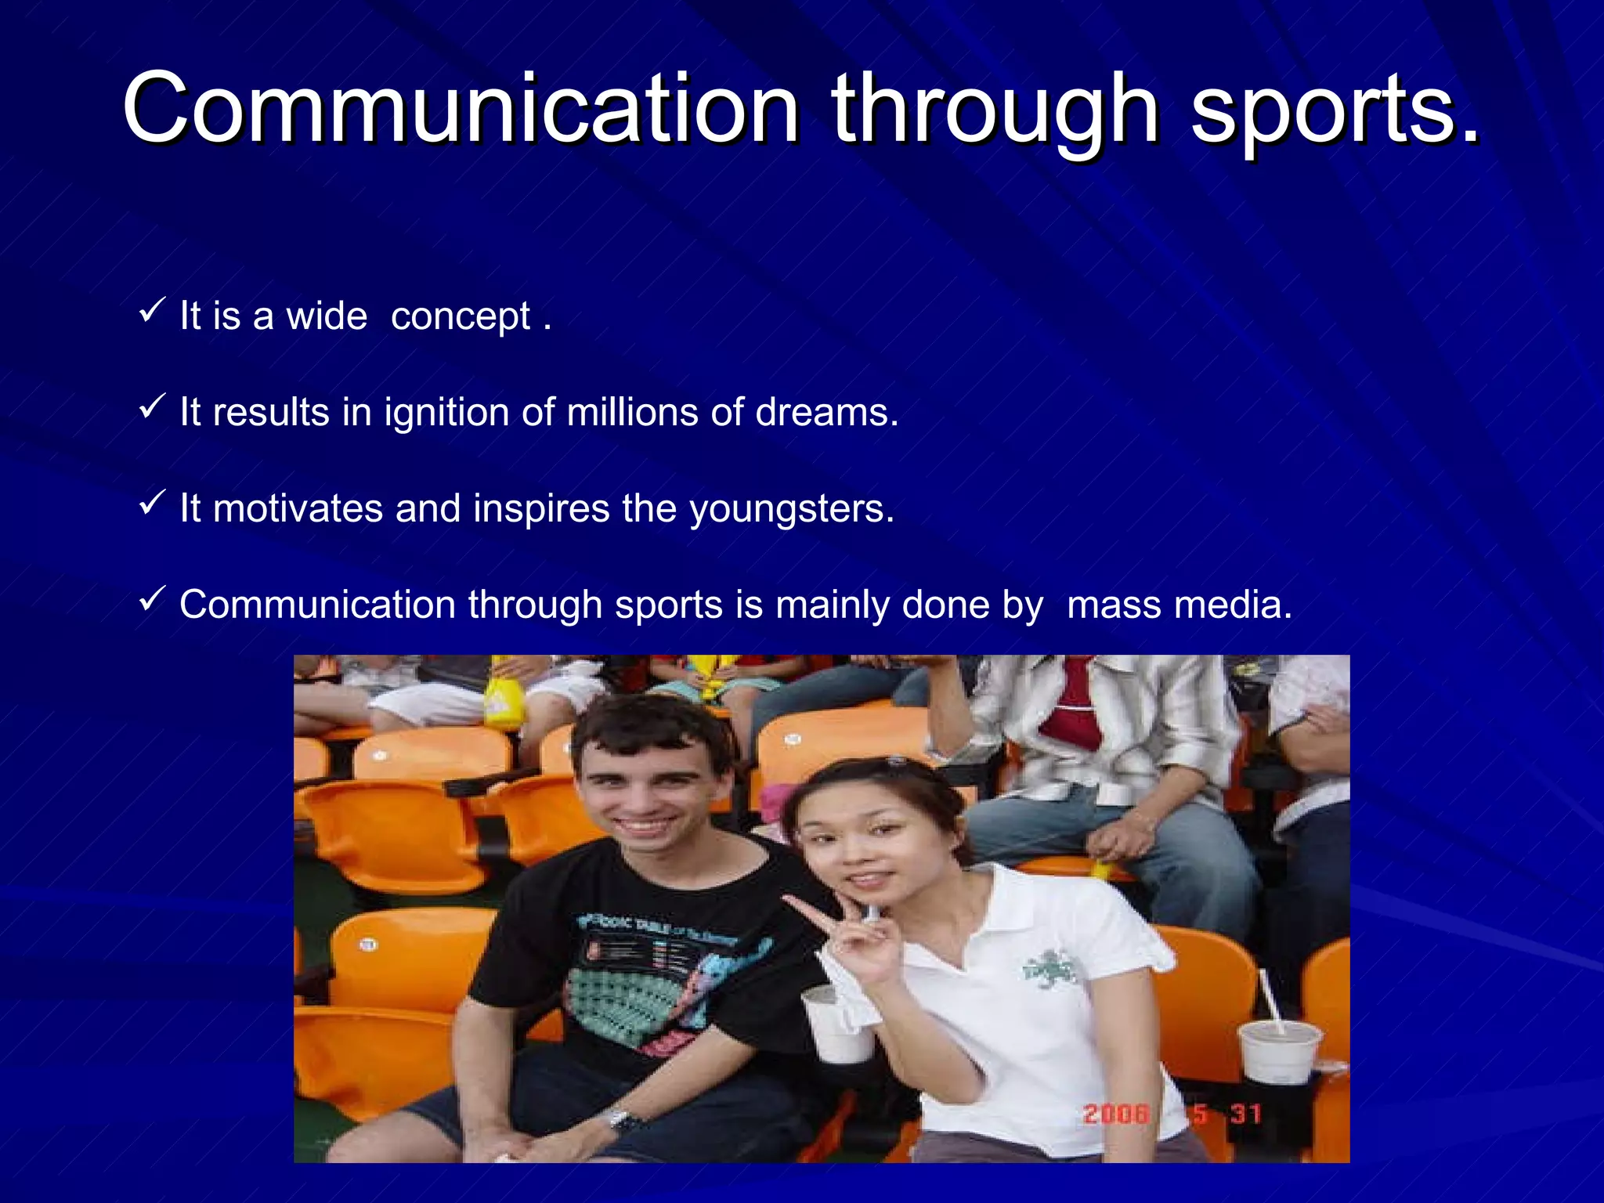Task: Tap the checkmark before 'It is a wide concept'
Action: pyautogui.click(x=151, y=311)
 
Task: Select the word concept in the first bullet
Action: pyautogui.click(x=461, y=317)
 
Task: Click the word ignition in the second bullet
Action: pyautogui.click(x=446, y=413)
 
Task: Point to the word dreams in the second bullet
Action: pyautogui.click(x=826, y=412)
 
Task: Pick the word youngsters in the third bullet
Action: pyautogui.click(x=791, y=510)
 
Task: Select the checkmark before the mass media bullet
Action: pyautogui.click(x=151, y=600)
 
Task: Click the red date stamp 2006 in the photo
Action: pyautogui.click(x=1116, y=1114)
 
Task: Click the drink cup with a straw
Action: pyautogui.click(x=1280, y=1049)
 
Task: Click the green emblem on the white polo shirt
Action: pyautogui.click(x=1051, y=970)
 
